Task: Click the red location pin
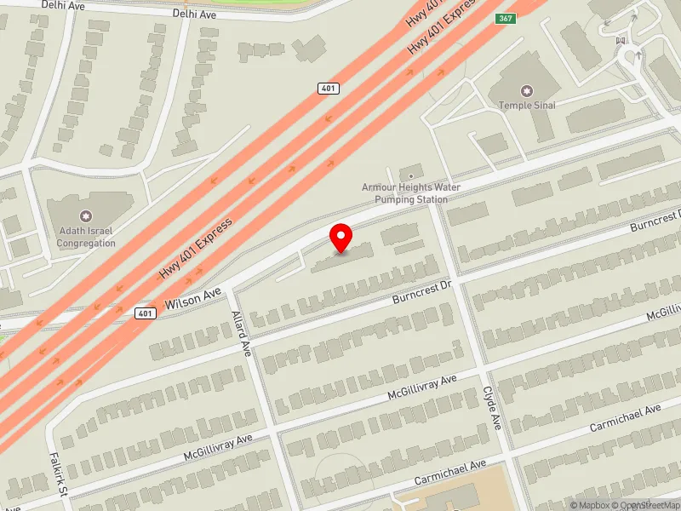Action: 341,237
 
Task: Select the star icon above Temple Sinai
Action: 526,90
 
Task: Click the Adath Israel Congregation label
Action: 85,238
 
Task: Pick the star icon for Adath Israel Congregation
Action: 85,216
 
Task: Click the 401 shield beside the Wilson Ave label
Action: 145,313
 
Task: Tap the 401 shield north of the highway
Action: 329,88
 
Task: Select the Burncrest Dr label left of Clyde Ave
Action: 421,294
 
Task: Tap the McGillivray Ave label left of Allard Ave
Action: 220,448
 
